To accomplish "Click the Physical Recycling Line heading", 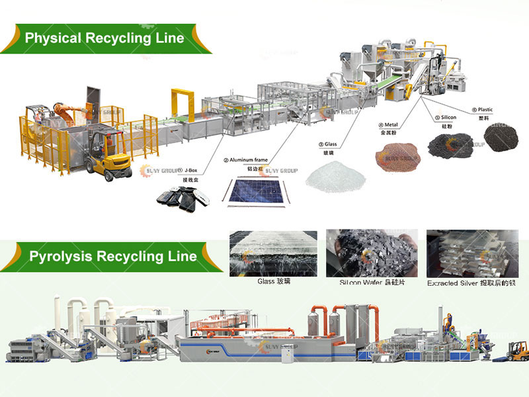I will [x=104, y=38].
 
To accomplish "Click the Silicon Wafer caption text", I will [x=372, y=283].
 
